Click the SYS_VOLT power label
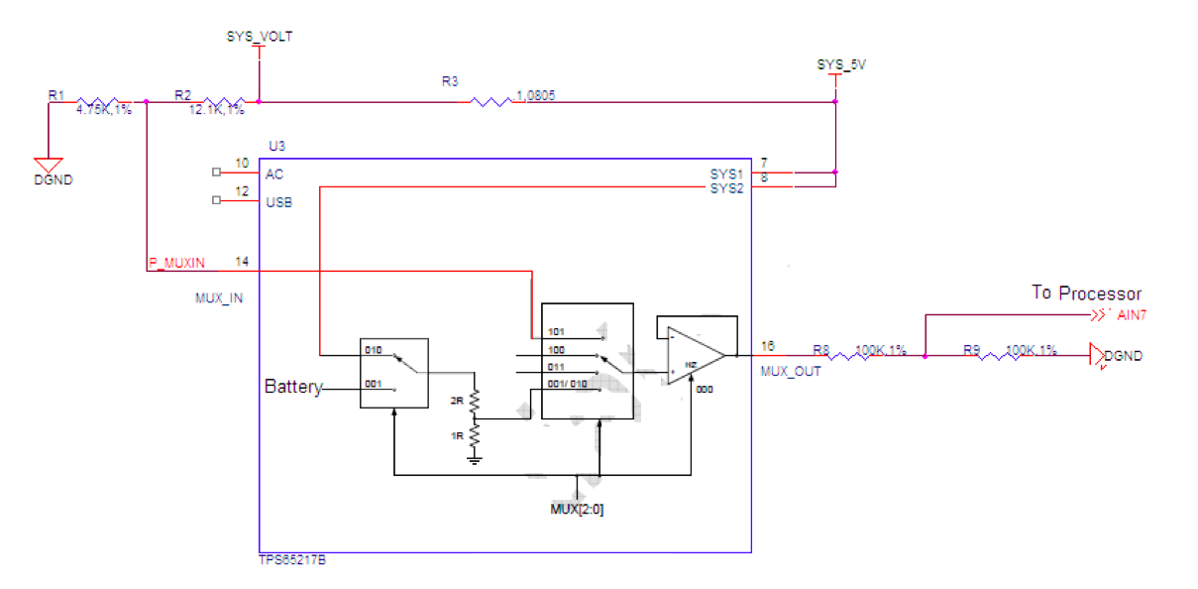tap(260, 37)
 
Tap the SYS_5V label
tap(834, 64)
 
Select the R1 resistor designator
tap(55, 95)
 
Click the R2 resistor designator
tap(181, 95)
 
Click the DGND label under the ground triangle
tap(54, 180)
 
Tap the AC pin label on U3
tap(274, 174)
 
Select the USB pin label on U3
tap(278, 202)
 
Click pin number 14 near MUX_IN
tap(241, 261)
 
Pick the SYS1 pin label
tap(725, 174)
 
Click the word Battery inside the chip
tap(293, 387)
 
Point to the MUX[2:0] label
tap(578, 510)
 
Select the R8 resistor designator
tap(820, 350)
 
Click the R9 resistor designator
tap(971, 350)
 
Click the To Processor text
tap(1086, 294)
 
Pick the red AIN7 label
tap(1132, 316)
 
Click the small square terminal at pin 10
tap(217, 172)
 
